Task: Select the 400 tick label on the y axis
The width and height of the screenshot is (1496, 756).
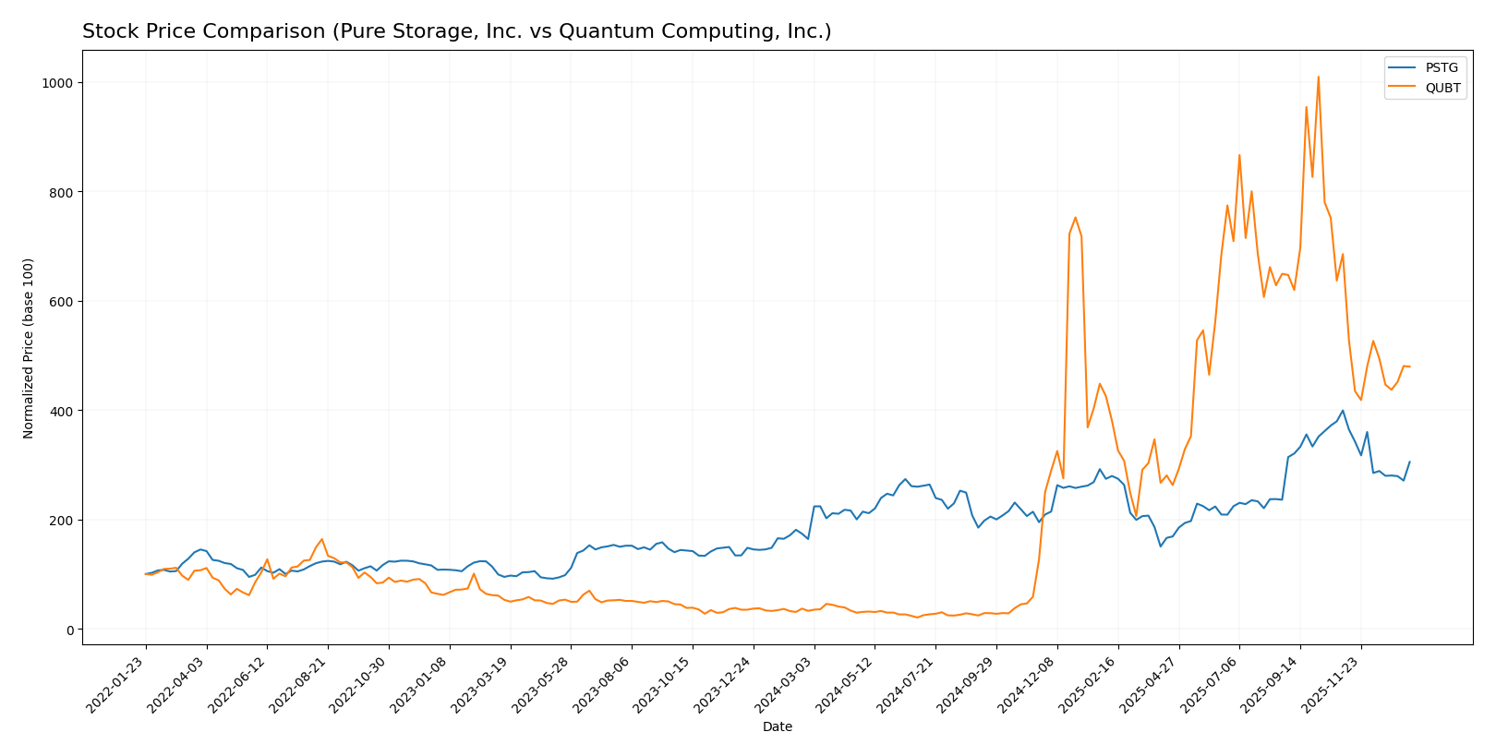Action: (65, 411)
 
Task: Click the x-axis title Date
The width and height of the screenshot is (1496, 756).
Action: (777, 727)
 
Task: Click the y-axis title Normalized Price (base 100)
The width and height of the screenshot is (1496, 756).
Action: (29, 348)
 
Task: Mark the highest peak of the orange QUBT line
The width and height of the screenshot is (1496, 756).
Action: (1318, 78)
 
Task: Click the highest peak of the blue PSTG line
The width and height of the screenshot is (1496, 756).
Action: (1343, 411)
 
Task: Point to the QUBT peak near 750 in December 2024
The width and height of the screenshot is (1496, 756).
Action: (1075, 218)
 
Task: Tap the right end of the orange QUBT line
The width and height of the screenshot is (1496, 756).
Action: (1409, 366)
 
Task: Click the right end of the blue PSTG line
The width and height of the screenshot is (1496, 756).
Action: (1409, 462)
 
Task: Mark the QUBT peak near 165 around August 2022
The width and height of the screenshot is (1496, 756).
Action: (321, 539)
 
